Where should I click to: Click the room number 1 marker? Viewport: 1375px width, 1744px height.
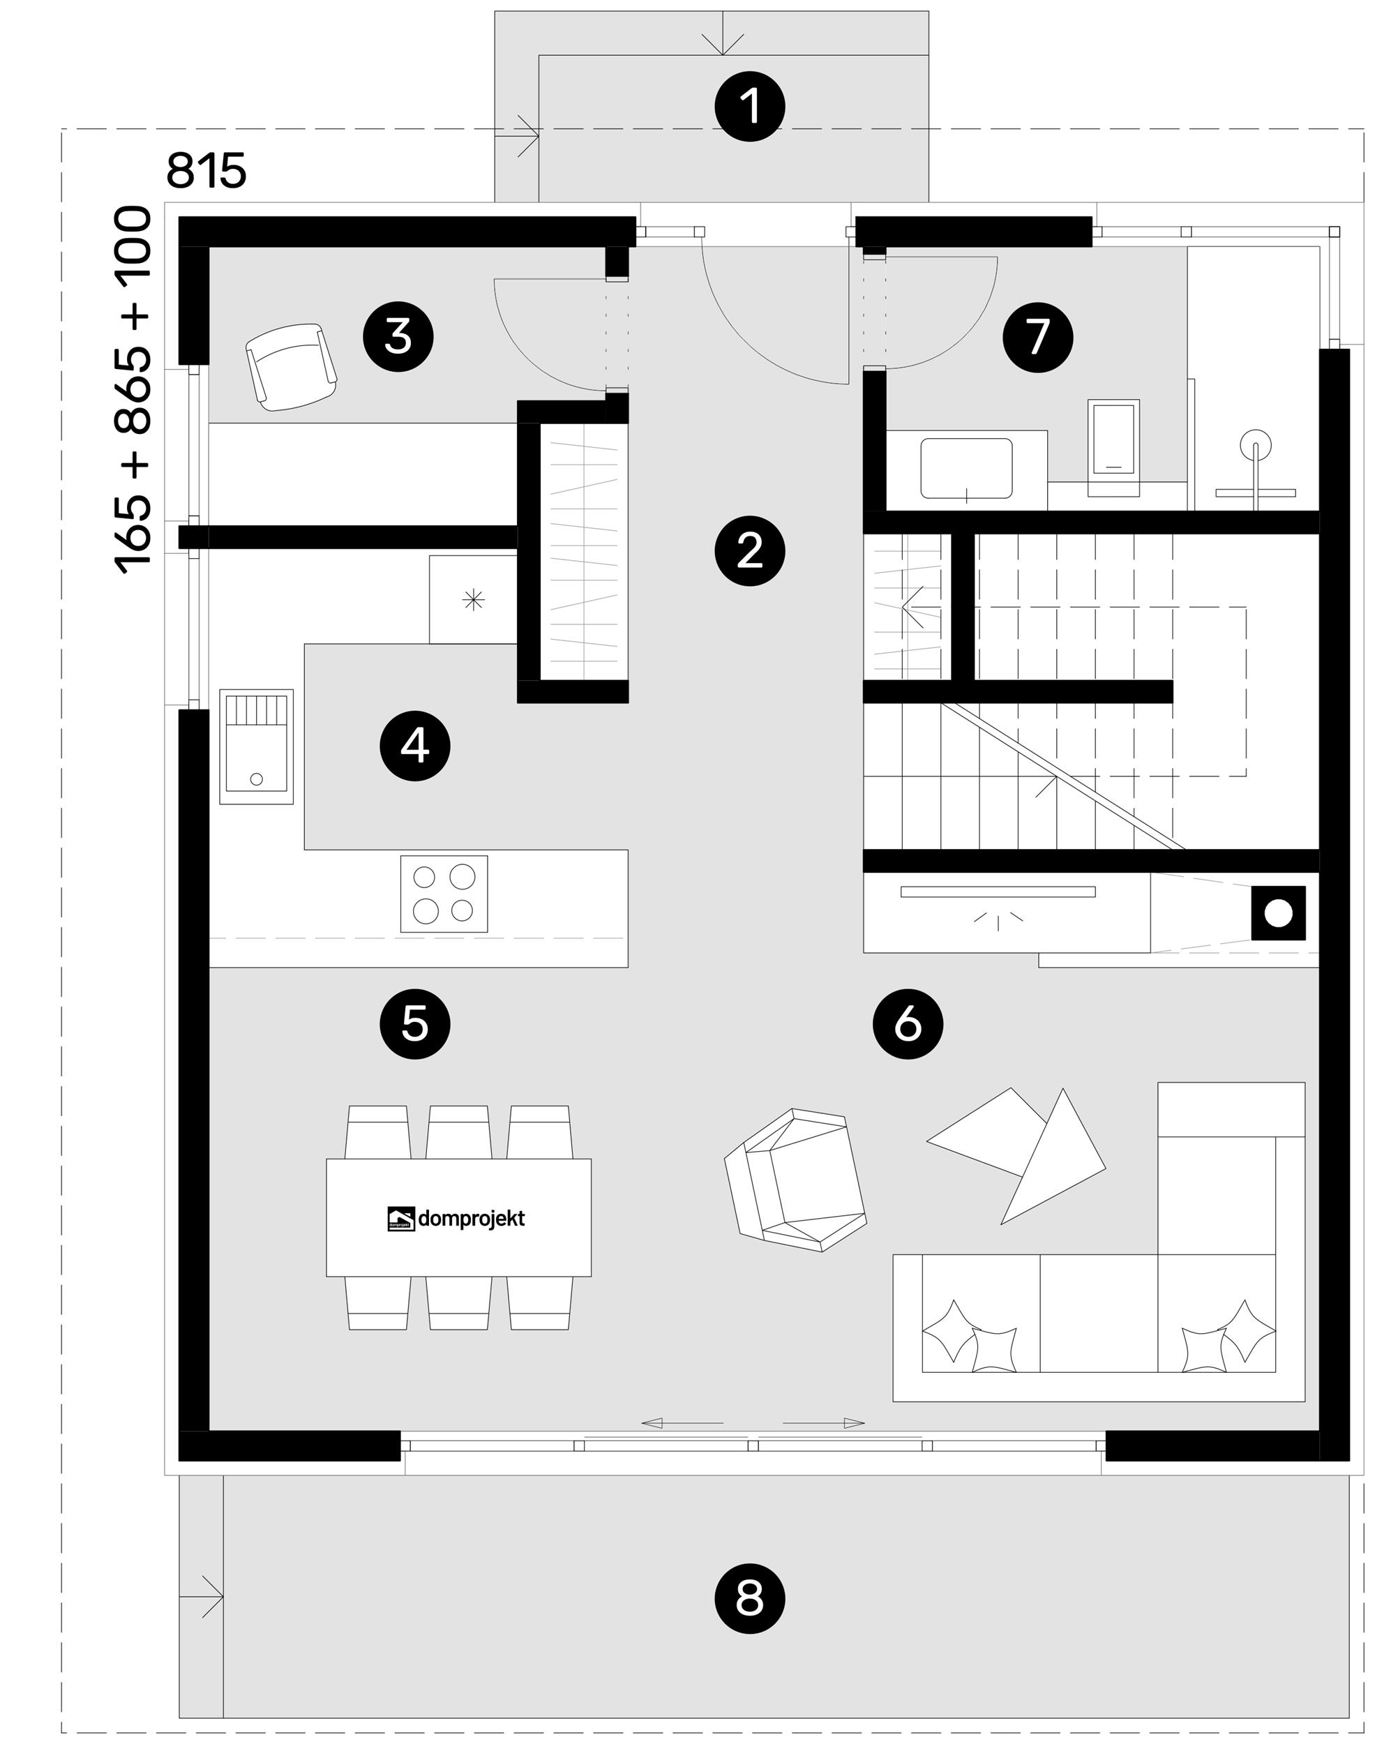click(x=751, y=107)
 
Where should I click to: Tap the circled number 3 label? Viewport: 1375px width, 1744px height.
click(x=398, y=336)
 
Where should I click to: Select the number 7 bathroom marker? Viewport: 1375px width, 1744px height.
click(x=1037, y=336)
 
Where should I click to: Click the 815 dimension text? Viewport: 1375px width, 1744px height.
click(x=206, y=171)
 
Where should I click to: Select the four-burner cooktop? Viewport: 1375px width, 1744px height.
click(x=444, y=894)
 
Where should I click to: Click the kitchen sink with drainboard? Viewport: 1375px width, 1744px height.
click(x=256, y=746)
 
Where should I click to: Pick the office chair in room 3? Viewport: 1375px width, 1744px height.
click(x=291, y=367)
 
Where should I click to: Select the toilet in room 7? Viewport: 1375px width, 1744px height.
click(x=1114, y=447)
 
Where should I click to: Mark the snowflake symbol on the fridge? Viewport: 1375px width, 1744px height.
click(x=474, y=599)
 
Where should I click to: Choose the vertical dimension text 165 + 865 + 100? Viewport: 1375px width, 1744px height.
click(x=134, y=391)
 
